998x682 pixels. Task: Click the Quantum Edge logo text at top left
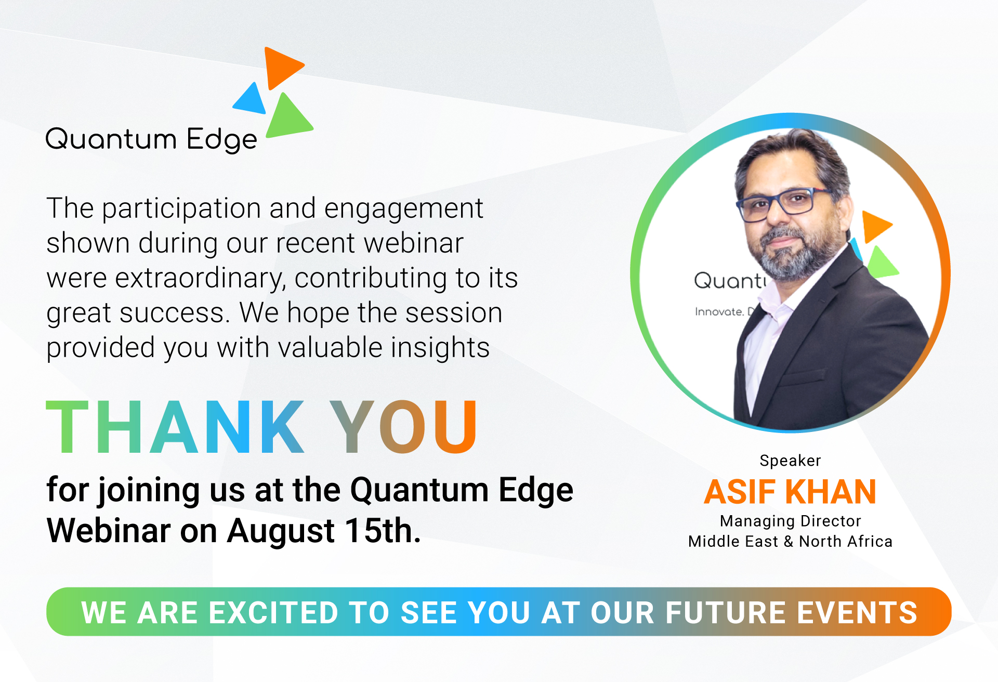pos(151,139)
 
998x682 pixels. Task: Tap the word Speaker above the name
pos(790,461)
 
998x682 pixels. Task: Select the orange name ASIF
pos(740,492)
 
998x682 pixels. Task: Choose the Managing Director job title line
pos(790,521)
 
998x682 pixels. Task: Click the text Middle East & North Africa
pos(790,541)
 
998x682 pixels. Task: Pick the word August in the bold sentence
pos(281,532)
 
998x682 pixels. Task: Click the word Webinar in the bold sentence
pos(109,531)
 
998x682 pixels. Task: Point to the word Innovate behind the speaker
pos(719,311)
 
